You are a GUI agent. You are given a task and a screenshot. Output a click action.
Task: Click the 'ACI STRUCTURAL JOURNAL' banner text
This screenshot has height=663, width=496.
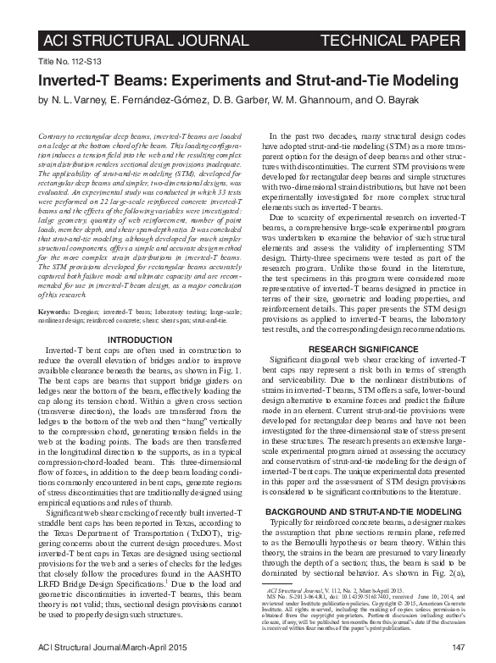point(145,40)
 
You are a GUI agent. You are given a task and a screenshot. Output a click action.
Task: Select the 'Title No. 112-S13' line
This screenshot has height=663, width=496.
point(69,63)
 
